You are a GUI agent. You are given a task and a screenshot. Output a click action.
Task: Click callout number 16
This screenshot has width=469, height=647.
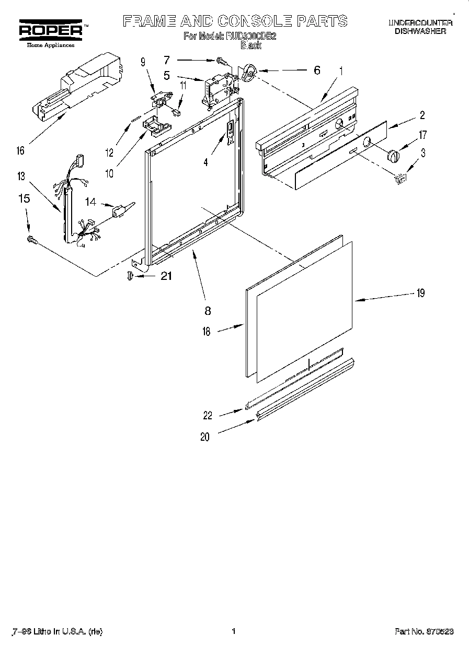point(20,151)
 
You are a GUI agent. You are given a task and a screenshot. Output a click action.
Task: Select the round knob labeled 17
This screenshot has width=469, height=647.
point(393,155)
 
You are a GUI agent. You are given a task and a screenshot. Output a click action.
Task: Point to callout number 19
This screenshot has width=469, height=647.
point(420,293)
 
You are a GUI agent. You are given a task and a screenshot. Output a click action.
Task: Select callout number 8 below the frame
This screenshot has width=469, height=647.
point(208,311)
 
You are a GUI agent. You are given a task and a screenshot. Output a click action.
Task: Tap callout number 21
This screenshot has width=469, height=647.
point(166,276)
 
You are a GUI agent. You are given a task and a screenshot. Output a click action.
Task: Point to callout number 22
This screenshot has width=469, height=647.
point(208,415)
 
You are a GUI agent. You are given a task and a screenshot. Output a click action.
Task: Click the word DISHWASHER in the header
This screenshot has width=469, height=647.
point(420,31)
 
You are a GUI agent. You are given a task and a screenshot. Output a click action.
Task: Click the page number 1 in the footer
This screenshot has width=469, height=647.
point(234,631)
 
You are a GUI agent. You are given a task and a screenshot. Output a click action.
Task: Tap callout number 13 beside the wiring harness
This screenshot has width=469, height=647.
point(21,177)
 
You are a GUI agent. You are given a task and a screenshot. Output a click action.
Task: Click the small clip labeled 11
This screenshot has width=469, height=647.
point(178,111)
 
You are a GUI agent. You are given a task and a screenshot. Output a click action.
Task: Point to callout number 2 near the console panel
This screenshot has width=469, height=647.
point(422,116)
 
